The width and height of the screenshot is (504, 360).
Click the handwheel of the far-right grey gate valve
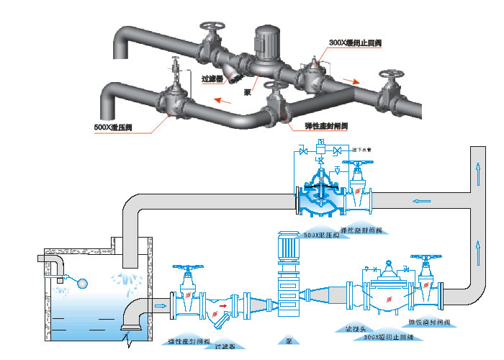(392, 76)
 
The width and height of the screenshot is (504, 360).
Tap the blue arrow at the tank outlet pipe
(160, 305)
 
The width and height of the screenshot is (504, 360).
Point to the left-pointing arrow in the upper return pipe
(420, 201)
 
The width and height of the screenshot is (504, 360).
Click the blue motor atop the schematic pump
(288, 247)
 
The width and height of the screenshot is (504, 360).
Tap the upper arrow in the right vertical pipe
(477, 171)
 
